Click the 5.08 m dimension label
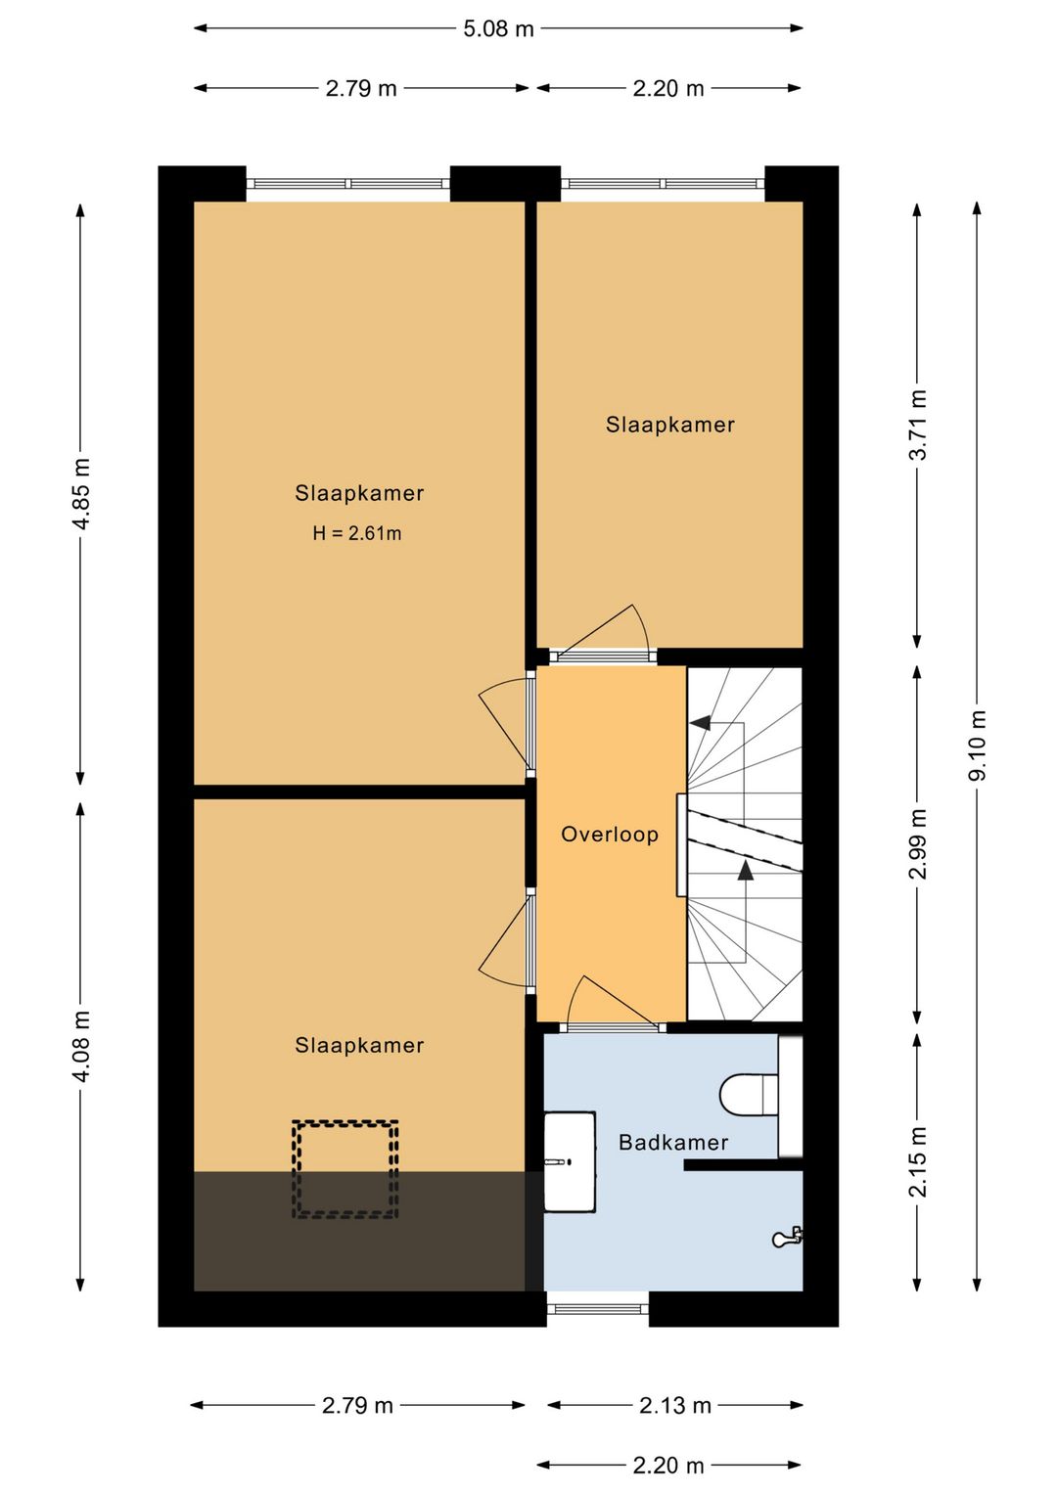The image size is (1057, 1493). tap(498, 28)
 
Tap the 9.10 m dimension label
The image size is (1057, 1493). tap(977, 746)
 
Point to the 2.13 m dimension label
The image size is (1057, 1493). tap(674, 1405)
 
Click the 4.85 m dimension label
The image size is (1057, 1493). tap(81, 494)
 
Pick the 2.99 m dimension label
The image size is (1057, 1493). tap(917, 843)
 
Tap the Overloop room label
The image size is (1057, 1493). tap(609, 835)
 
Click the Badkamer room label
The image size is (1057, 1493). tap(673, 1142)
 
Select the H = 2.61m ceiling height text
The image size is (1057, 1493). tap(356, 533)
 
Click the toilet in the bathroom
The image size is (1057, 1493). tap(750, 1095)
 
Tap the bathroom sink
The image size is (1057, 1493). tap(570, 1161)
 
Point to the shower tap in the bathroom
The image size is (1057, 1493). tap(787, 1238)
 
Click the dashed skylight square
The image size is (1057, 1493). tap(345, 1169)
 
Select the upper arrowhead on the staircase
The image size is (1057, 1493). tap(701, 723)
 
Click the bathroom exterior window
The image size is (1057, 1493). tap(597, 1308)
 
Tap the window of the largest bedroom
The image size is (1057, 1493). tap(347, 183)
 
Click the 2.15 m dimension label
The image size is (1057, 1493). tap(917, 1161)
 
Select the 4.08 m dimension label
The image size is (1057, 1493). tap(81, 1046)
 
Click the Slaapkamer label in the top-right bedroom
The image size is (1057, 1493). tap(669, 425)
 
